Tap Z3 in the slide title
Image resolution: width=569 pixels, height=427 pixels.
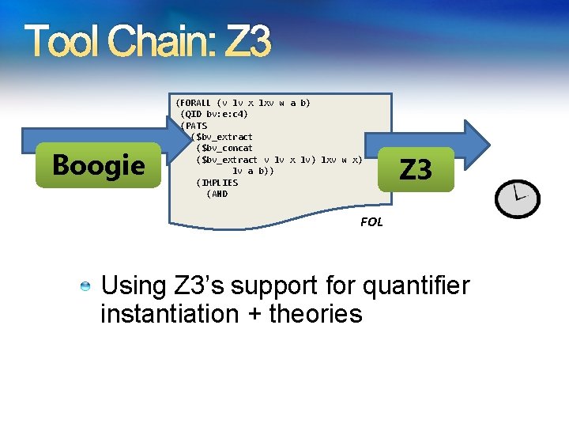pyautogui.click(x=247, y=42)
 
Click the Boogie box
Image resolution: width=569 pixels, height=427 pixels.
pyautogui.click(x=99, y=165)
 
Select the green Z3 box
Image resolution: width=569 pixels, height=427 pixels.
pyautogui.click(x=416, y=169)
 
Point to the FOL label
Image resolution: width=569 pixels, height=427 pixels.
pyautogui.click(x=371, y=222)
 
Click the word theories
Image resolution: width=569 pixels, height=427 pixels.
pyautogui.click(x=315, y=314)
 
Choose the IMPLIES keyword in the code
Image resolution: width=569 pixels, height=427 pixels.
pyautogui.click(x=220, y=183)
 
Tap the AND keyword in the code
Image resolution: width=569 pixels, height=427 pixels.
pyautogui.click(x=219, y=194)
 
